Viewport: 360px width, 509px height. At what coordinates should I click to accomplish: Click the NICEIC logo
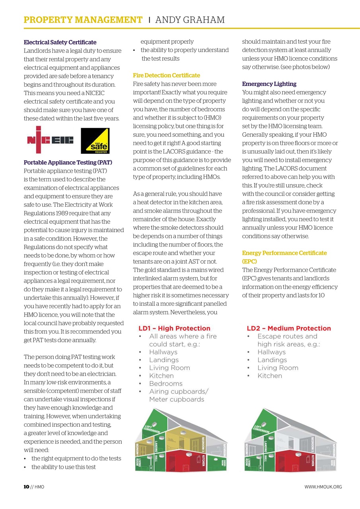(x=50, y=140)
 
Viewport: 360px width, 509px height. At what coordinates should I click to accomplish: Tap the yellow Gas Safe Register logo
(x=95, y=141)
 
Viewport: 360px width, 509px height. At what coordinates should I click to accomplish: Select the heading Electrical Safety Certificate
(x=60, y=42)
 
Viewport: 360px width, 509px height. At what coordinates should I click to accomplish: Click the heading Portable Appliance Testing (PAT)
(x=68, y=162)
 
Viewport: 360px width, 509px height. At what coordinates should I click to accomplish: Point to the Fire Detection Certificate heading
(x=166, y=75)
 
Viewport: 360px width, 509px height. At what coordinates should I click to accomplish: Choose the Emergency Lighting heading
(x=269, y=84)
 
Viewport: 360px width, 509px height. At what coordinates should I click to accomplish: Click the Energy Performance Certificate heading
(x=284, y=253)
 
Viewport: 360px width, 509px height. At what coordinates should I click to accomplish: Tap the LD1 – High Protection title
(x=174, y=328)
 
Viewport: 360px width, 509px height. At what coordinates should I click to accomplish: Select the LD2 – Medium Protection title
(x=288, y=328)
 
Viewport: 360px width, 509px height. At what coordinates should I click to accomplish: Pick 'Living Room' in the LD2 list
(x=278, y=368)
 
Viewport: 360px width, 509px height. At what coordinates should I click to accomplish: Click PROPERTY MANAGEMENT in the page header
(x=83, y=20)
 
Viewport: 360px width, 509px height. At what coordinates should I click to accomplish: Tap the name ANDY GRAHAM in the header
(x=189, y=20)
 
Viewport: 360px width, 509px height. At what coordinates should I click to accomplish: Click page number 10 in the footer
(x=26, y=487)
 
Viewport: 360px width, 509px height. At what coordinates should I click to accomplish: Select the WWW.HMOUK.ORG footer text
(x=323, y=487)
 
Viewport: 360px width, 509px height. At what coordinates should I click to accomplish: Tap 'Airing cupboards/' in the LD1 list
(x=178, y=391)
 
